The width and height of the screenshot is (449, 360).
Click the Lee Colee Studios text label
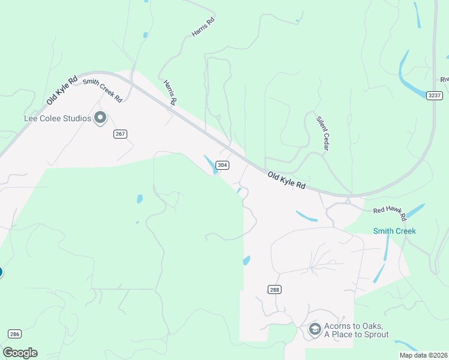pyautogui.click(x=57, y=118)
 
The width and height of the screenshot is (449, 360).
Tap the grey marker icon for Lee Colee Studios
pyautogui.click(x=100, y=118)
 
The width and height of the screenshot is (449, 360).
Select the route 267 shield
pyautogui.click(x=120, y=134)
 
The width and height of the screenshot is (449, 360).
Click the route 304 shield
pyautogui.click(x=222, y=165)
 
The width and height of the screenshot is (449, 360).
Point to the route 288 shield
pyautogui.click(x=274, y=289)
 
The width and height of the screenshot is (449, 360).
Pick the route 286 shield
pyautogui.click(x=15, y=334)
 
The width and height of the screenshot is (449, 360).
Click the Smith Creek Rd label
pyautogui.click(x=103, y=90)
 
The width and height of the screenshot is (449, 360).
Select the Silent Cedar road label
pyautogui.click(x=323, y=133)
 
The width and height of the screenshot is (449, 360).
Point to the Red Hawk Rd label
pyautogui.click(x=390, y=212)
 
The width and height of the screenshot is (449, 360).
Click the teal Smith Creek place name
pyautogui.click(x=394, y=231)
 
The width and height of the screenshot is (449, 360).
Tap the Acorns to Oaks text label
pyautogui.click(x=356, y=330)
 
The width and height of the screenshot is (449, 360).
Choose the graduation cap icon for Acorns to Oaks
pyautogui.click(x=314, y=329)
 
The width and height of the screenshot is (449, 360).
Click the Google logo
pyautogui.click(x=20, y=352)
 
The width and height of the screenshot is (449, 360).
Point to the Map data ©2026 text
pyautogui.click(x=424, y=355)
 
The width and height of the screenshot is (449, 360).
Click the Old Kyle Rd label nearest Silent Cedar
pyautogui.click(x=287, y=180)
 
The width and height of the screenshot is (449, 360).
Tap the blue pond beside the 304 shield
pyautogui.click(x=210, y=164)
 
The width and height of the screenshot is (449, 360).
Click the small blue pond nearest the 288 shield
pyautogui.click(x=246, y=260)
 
